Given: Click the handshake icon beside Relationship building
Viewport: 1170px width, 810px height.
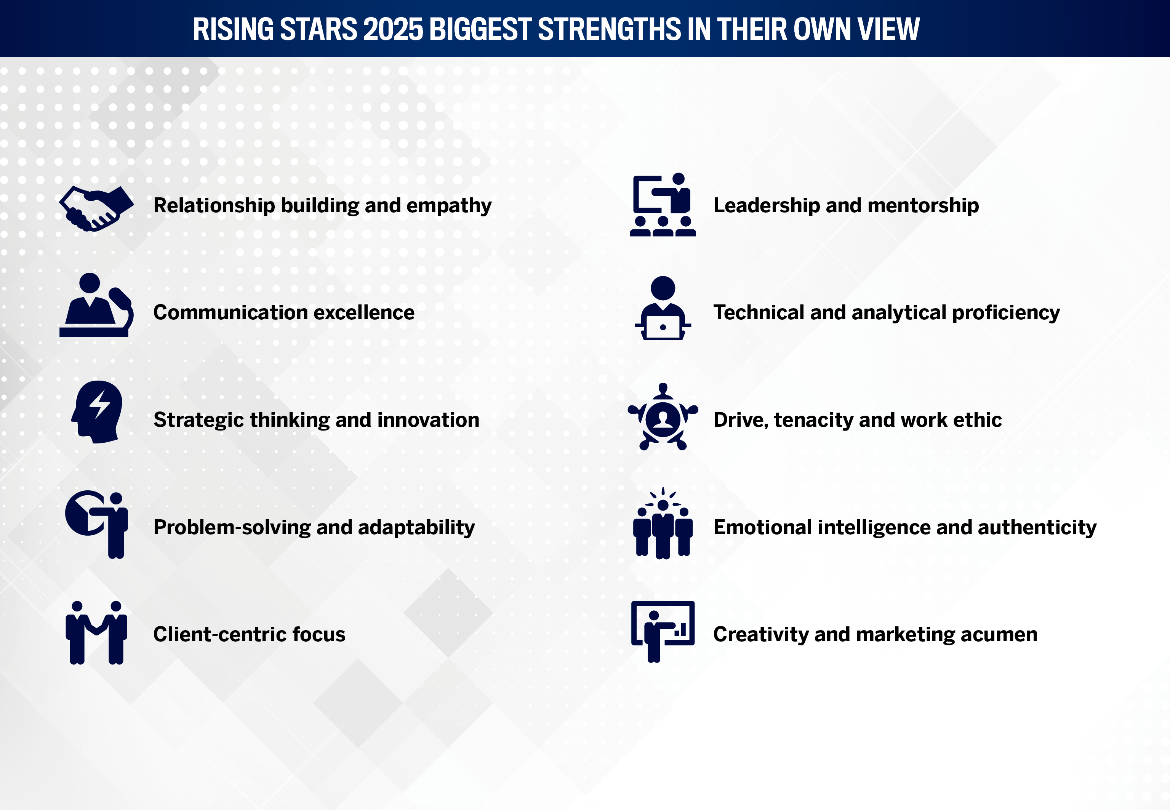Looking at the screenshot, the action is [96, 208].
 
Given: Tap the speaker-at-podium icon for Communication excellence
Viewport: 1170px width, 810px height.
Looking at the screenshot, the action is [96, 304].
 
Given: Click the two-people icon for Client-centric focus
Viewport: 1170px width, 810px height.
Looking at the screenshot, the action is [96, 632].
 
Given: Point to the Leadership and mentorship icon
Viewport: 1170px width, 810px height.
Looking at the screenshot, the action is [663, 205].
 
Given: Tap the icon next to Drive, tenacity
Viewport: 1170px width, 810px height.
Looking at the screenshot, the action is [663, 417].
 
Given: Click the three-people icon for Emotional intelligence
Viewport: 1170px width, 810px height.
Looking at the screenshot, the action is [663, 523].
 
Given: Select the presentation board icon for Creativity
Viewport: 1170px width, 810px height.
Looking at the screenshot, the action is [663, 631].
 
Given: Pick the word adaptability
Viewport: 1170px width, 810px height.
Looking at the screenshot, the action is [416, 528].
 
